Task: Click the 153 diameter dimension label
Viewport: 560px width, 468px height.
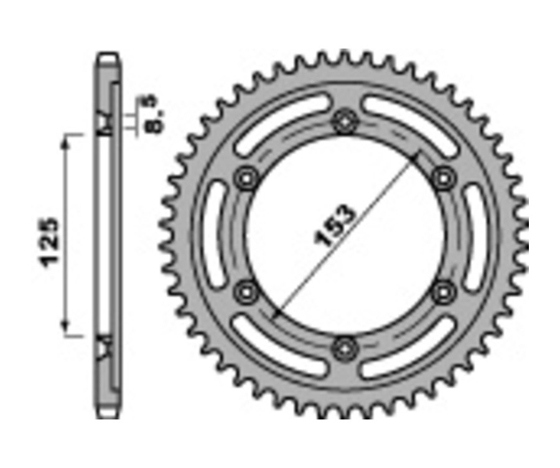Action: [x=337, y=225]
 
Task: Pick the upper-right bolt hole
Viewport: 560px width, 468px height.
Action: [x=442, y=179]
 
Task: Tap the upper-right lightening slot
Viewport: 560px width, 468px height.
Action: [x=408, y=122]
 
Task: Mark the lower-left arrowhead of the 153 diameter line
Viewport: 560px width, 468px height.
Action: [x=276, y=312]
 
